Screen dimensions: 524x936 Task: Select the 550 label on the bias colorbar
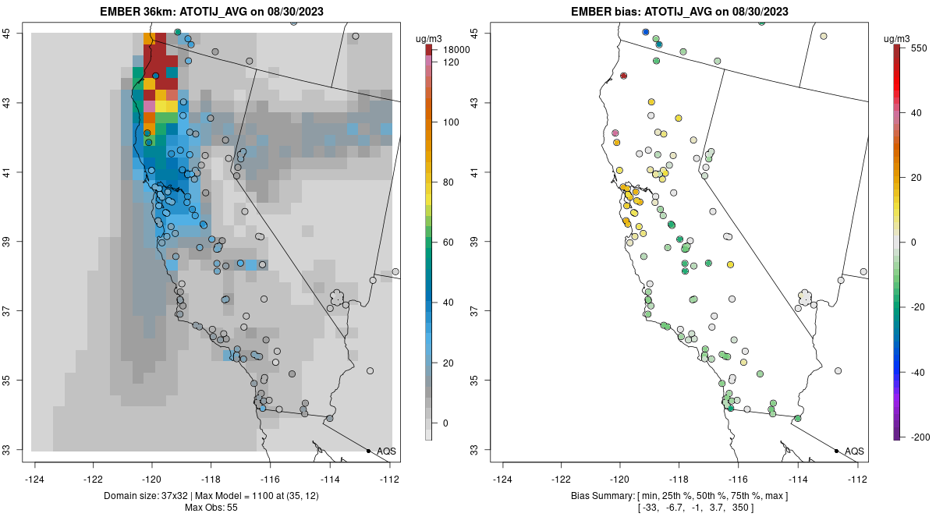point(918,48)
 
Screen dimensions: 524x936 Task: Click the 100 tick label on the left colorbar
point(451,122)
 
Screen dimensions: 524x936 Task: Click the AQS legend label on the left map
point(386,451)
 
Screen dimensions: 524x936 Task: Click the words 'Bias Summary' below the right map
point(601,496)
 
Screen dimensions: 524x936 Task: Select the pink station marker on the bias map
point(615,133)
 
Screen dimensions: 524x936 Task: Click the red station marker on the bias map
point(624,76)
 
